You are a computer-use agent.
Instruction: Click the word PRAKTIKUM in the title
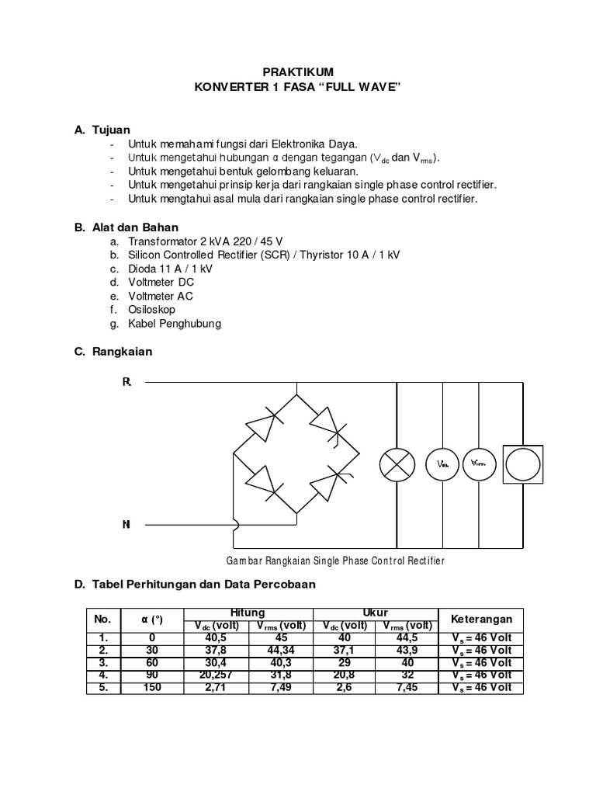[298, 71]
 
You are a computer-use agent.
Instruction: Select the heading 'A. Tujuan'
[102, 130]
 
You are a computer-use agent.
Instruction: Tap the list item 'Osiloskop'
[152, 309]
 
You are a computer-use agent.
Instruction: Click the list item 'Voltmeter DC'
[161, 282]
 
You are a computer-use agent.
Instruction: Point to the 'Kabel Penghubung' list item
[175, 323]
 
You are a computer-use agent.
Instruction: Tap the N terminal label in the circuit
[126, 525]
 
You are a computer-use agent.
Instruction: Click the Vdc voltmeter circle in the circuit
[442, 464]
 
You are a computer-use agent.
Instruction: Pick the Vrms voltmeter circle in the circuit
[479, 464]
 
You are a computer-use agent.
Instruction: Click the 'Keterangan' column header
[481, 619]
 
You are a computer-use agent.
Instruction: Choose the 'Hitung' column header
[248, 613]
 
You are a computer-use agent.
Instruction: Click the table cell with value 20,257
[212, 675]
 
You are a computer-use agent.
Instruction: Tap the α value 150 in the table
[152, 688]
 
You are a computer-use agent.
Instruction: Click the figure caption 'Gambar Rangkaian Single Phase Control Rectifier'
[335, 561]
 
